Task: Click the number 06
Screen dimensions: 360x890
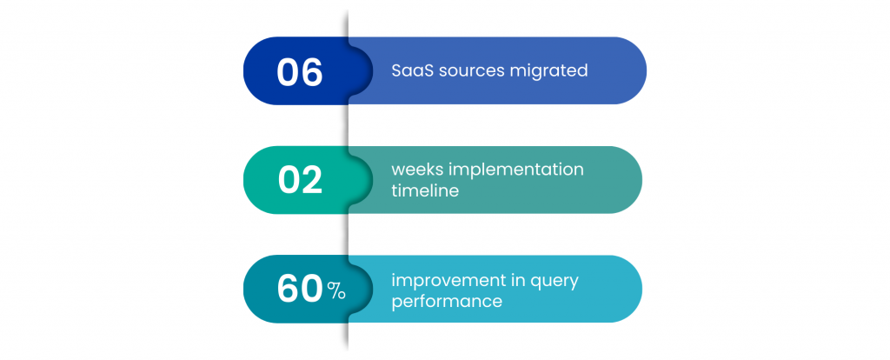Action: coord(300,72)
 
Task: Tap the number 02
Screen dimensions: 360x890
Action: coord(300,180)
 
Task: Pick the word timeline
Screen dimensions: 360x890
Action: coord(425,190)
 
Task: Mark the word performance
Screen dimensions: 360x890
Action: coord(447,301)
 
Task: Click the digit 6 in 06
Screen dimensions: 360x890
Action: coord(312,72)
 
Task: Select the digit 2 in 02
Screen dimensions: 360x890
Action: coord(312,180)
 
